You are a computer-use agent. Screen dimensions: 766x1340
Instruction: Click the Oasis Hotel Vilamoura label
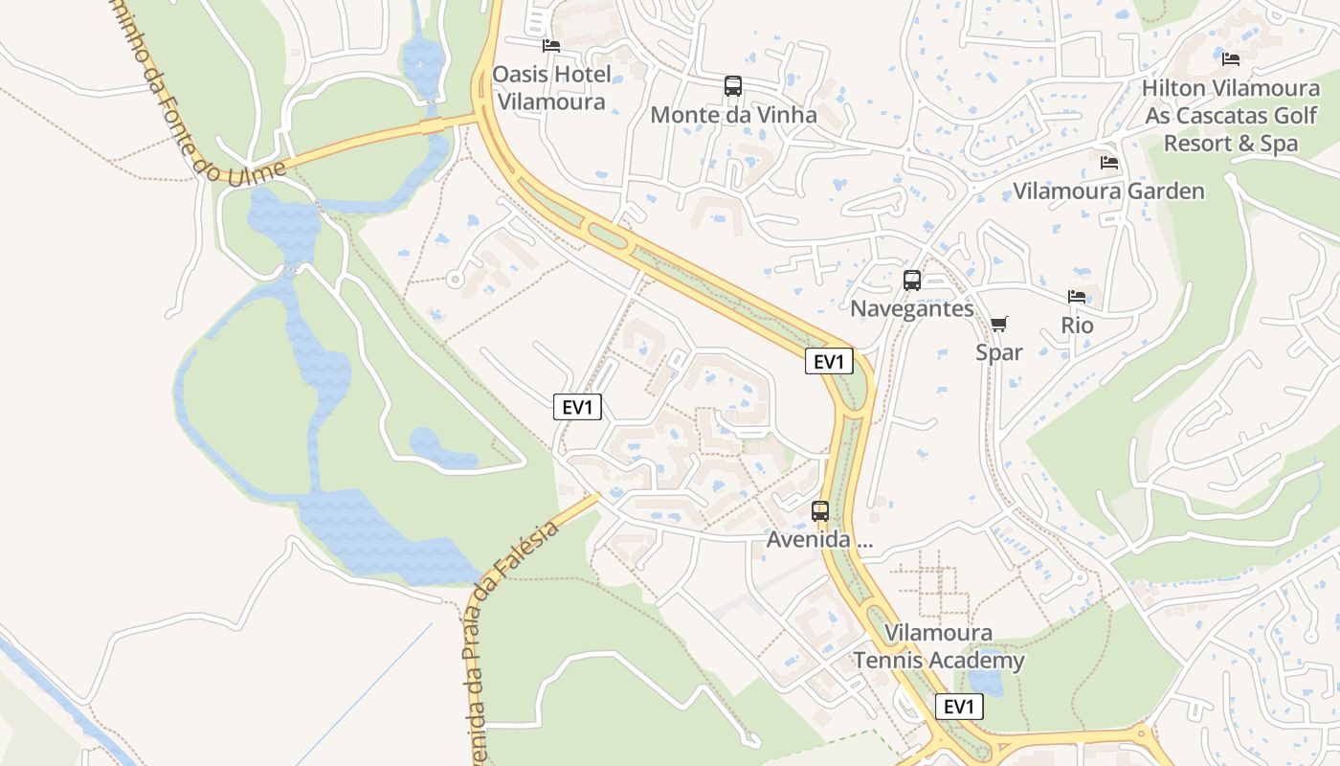pos(550,87)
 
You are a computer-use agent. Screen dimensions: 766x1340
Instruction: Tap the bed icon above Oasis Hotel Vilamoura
pos(550,45)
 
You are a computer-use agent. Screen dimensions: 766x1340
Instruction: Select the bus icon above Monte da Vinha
pos(733,86)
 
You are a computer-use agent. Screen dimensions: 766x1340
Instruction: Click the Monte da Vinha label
pos(733,115)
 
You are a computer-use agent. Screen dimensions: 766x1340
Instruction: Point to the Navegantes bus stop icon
pos(912,281)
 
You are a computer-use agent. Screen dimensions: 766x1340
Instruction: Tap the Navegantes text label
pos(912,308)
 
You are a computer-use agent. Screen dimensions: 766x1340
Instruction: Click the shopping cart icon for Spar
pos(999,325)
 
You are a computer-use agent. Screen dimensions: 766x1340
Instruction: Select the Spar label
pos(999,352)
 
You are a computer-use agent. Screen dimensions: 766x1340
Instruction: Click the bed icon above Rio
pos(1077,297)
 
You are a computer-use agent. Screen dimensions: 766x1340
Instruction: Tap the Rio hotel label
pos(1077,326)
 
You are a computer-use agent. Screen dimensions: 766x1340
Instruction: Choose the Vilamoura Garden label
pos(1108,191)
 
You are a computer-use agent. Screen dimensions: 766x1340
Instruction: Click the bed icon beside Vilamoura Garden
pos(1109,163)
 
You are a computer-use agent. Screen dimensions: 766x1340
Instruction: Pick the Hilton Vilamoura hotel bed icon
pos(1231,59)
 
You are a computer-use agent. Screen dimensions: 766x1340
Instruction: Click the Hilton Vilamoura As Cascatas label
pos(1231,116)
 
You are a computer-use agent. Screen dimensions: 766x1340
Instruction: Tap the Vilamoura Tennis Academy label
pos(939,646)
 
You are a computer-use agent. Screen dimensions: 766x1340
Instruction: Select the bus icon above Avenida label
pos(820,511)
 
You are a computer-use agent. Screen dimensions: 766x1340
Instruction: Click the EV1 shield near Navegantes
pos(829,361)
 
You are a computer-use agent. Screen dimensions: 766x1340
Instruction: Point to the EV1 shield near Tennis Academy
pos(959,707)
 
